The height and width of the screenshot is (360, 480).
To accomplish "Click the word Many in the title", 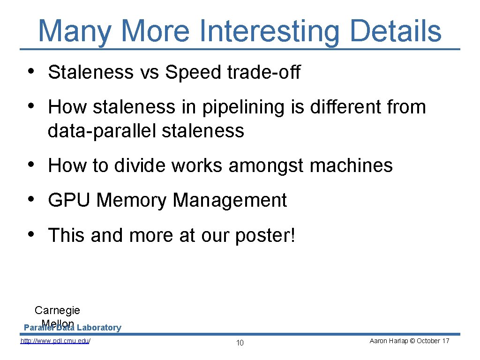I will pyautogui.click(x=75, y=31).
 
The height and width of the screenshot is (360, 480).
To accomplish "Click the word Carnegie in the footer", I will pyautogui.click(x=57, y=310).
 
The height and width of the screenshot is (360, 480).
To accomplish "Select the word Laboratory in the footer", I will pyautogui.click(x=99, y=328).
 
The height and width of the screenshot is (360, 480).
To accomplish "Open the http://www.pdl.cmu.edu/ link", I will pyautogui.click(x=55, y=341).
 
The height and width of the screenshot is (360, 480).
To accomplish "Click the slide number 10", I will pyautogui.click(x=240, y=343).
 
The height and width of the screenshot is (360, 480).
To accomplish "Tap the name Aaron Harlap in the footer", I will pyautogui.click(x=385, y=341).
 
